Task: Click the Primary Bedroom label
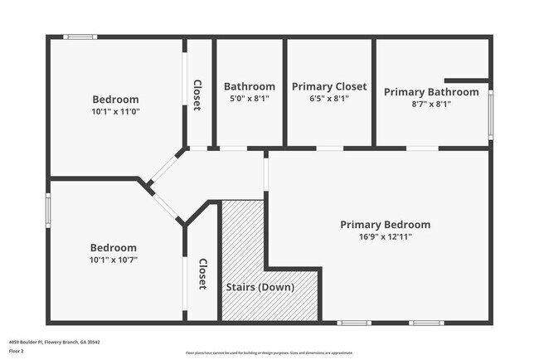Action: coord(385,225)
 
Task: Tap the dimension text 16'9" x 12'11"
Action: coord(385,236)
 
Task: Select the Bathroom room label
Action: coord(250,86)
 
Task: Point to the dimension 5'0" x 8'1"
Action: coord(250,98)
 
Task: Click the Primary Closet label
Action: coord(329,86)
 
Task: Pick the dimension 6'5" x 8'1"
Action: coord(329,98)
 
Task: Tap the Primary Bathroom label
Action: coord(431,92)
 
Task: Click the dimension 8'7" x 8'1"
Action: coord(431,104)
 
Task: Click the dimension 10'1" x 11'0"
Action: coord(115,111)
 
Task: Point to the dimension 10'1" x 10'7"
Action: coord(114,260)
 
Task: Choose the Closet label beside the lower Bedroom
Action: coord(202,274)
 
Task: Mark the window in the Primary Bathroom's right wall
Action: coord(491,115)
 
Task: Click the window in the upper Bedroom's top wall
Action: coord(81,36)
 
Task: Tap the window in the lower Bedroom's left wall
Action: coord(47,209)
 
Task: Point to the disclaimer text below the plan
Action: coord(269,353)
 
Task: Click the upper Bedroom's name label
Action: coord(115,100)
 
